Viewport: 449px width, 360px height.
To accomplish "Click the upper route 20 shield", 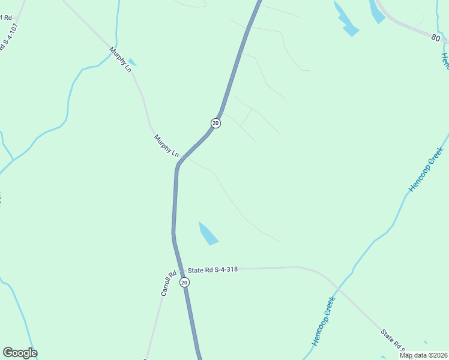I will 215,123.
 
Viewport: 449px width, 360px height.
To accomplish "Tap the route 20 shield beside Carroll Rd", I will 184,282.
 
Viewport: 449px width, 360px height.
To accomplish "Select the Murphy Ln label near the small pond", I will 120,59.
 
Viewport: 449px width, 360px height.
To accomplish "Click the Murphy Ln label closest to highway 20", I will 166,146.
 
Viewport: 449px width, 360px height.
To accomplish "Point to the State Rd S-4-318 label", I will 213,270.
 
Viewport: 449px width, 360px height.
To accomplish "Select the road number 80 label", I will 436,38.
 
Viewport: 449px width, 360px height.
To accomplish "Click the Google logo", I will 20,353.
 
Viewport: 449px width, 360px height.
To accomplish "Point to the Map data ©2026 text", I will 424,355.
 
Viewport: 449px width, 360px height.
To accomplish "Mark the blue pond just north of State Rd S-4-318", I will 208,233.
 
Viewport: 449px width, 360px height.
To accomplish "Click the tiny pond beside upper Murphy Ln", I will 132,62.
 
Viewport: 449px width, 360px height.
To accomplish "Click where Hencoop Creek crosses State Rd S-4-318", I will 337,290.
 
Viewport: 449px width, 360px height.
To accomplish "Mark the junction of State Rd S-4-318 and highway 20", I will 180,270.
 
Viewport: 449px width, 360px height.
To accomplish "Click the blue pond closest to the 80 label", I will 377,12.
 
